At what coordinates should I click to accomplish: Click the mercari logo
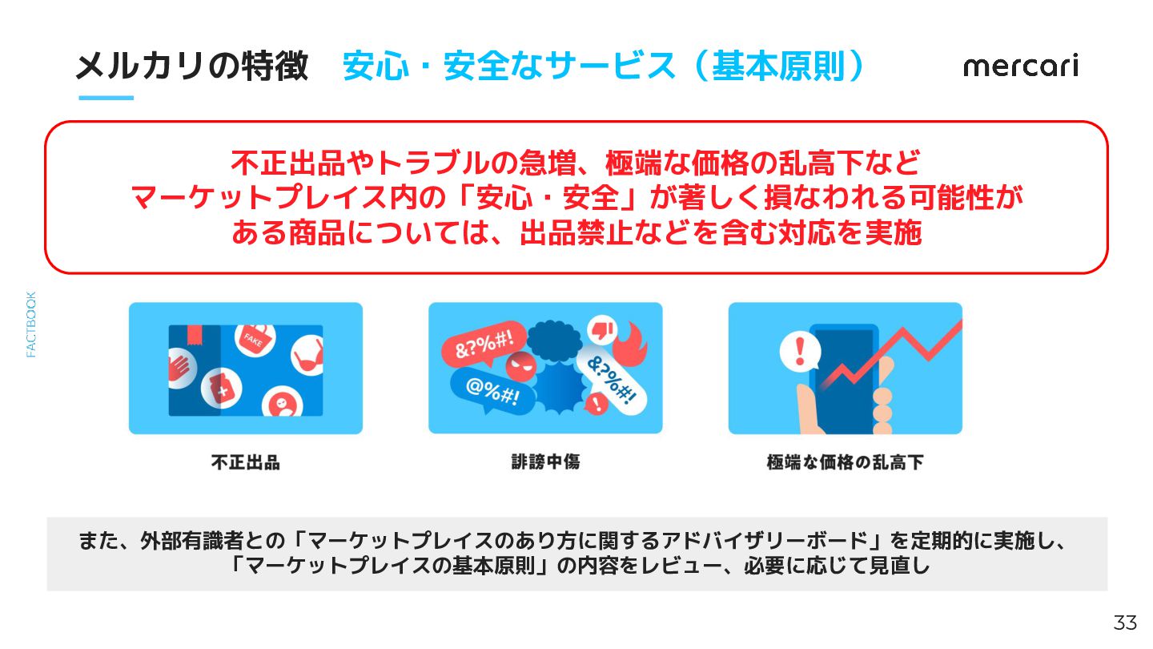[1021, 66]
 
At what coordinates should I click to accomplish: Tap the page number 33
[1125, 623]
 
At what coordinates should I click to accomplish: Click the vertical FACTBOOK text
[31, 324]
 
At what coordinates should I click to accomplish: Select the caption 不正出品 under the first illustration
[246, 462]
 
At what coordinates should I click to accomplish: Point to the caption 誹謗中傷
[545, 462]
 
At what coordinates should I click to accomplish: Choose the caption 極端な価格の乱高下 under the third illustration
[846, 462]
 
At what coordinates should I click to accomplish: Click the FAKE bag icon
[255, 340]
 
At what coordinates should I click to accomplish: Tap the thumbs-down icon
[602, 329]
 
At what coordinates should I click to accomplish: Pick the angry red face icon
[521, 367]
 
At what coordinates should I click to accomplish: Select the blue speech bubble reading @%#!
[492, 392]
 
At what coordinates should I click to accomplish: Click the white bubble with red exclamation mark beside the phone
[800, 351]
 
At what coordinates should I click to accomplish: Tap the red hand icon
[181, 368]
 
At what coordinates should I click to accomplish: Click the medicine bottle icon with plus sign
[221, 389]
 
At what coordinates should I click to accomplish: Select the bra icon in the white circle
[307, 356]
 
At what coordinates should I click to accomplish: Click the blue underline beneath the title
[106, 98]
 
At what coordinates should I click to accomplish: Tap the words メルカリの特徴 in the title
[192, 67]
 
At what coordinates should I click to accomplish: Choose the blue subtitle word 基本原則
[778, 67]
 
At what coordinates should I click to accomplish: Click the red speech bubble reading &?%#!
[484, 343]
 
